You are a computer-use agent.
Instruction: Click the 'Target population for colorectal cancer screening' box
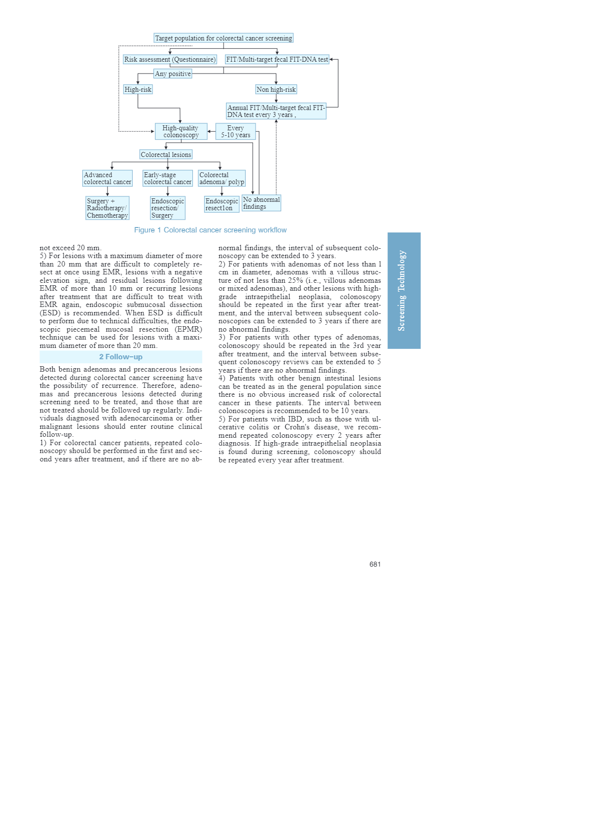[x=224, y=38]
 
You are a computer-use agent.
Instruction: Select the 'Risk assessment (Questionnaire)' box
[x=170, y=59]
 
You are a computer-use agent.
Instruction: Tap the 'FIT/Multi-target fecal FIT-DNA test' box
[x=277, y=59]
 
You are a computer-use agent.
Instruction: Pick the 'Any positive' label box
[x=173, y=74]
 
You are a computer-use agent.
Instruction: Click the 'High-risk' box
[x=138, y=89]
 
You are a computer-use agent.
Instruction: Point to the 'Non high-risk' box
[x=276, y=89]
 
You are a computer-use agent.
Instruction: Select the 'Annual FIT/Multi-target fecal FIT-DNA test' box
[x=276, y=111]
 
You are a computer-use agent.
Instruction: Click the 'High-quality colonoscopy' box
[x=181, y=131]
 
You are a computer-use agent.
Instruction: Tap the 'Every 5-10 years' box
[x=235, y=131]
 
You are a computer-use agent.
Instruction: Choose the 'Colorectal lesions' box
[x=166, y=154]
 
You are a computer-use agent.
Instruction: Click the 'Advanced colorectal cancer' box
[x=108, y=178]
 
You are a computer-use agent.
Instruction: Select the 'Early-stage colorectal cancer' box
[x=167, y=178]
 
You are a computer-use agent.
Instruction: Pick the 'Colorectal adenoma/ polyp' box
[x=222, y=178]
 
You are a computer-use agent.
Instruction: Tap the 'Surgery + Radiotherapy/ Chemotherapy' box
[x=107, y=208]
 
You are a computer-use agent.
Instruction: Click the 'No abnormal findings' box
[x=261, y=203]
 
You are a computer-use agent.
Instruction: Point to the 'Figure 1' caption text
[x=210, y=230]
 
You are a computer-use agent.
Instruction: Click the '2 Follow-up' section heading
[x=121, y=357]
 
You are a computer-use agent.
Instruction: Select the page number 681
[x=375, y=564]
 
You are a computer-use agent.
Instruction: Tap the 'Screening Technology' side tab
[x=404, y=290]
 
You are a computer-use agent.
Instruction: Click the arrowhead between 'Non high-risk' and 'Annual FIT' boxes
[x=276, y=101]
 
